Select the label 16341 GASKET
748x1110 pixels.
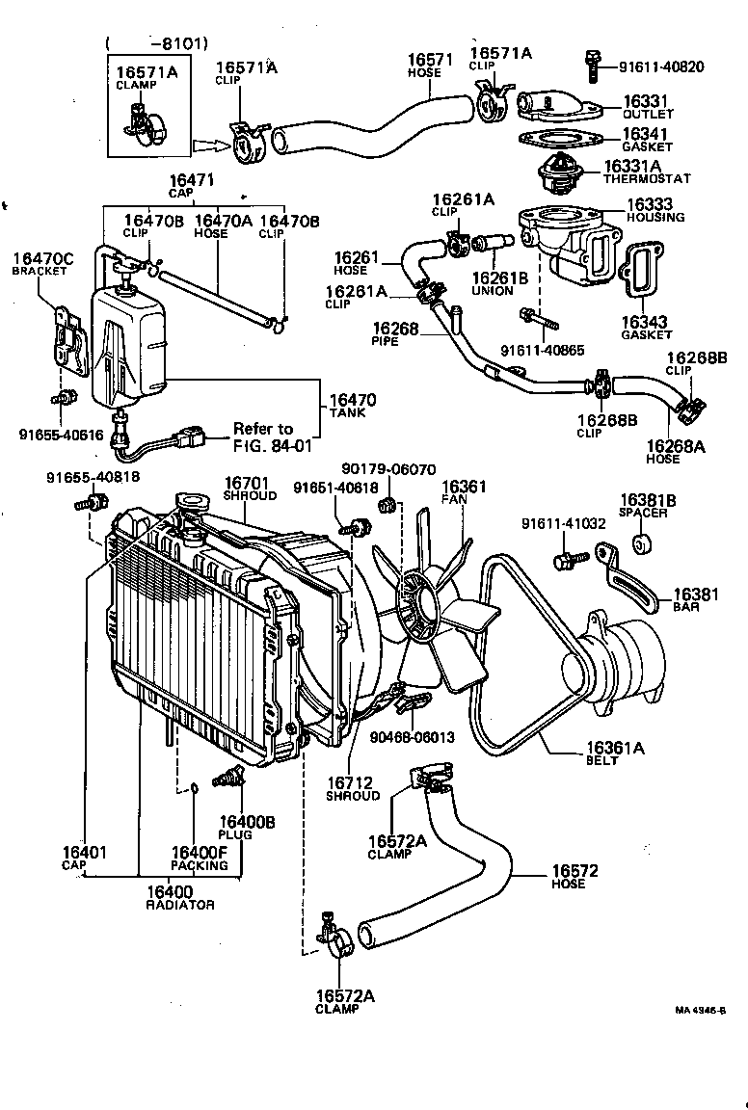pos(646,139)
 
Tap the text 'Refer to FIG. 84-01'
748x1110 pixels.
pos(262,436)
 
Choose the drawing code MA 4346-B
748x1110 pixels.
pos(699,1010)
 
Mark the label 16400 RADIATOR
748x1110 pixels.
pos(179,898)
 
